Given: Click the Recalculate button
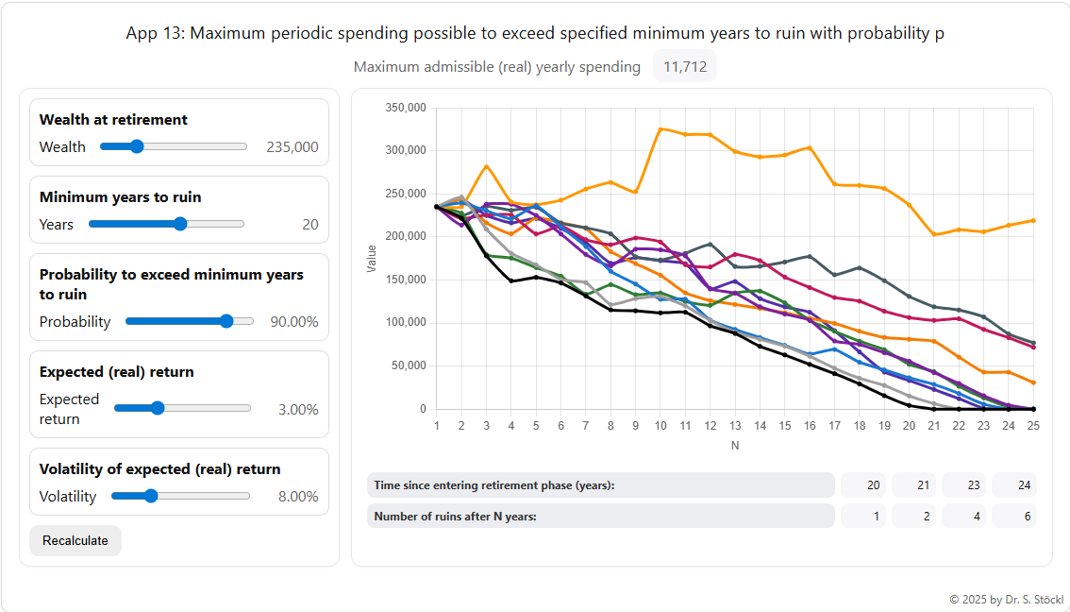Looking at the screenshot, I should tap(75, 540).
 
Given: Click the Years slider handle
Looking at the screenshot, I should tap(180, 224).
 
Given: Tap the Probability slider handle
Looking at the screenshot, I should tap(226, 321).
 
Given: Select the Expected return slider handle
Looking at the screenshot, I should tap(158, 408).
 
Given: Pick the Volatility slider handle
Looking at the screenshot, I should tap(150, 496).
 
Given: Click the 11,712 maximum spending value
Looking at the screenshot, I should tap(685, 67).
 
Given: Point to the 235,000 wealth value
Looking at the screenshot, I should tap(292, 146).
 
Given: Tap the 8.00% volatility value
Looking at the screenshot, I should tap(298, 496).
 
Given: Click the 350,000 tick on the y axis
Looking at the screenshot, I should tap(407, 108).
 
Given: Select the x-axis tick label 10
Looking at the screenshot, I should tap(660, 426).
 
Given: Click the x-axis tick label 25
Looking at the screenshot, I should tap(1033, 426).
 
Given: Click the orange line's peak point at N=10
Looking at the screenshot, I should tap(660, 128).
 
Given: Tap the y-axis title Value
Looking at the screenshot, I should tap(372, 259).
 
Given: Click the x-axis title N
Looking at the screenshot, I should tap(734, 444).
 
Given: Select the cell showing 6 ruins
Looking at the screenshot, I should tap(1013, 516).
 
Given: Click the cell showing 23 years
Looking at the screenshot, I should tap(963, 484).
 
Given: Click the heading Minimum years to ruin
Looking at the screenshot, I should tap(120, 196).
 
